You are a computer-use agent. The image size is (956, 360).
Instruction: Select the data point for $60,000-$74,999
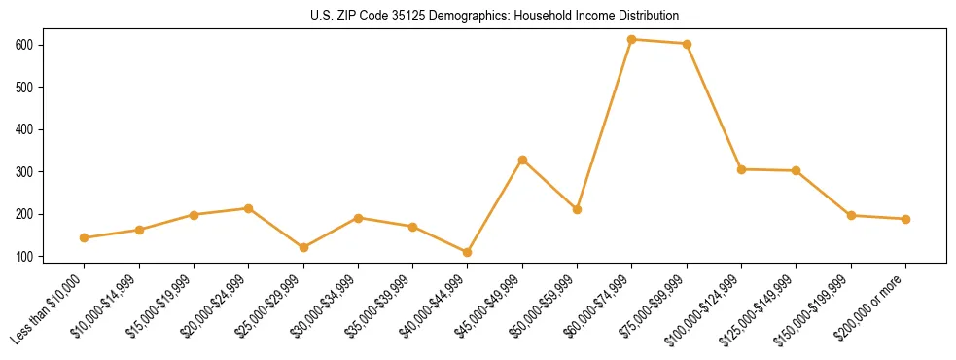pos(632,39)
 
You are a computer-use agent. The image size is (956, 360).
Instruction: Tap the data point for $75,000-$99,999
pos(687,44)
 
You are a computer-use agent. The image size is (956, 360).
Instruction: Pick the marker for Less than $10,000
pos(85,237)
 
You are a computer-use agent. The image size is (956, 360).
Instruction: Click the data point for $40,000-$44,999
pos(468,252)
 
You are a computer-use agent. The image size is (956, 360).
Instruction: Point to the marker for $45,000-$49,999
pos(522,160)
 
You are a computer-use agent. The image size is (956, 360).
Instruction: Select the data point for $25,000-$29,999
pos(303,247)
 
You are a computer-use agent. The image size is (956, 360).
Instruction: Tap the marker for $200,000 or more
pos(905,219)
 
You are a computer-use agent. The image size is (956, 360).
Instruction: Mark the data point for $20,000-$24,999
pos(249,208)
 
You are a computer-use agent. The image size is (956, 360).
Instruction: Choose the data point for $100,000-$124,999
pos(741,169)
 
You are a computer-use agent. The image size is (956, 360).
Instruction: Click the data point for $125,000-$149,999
pos(796,170)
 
